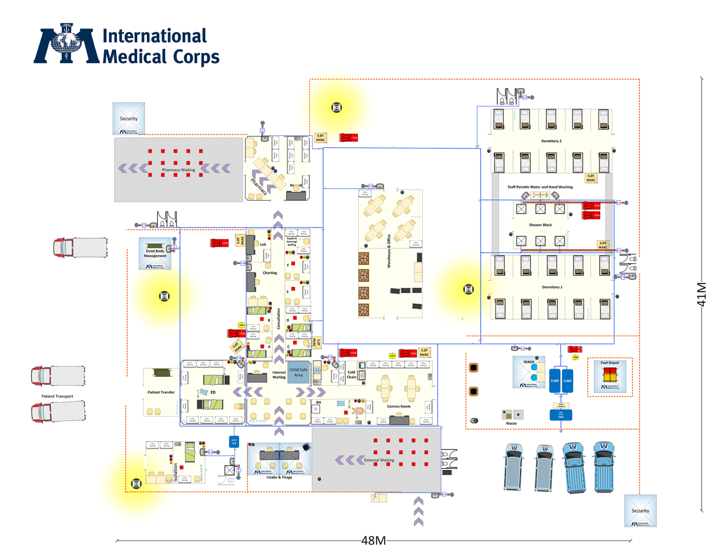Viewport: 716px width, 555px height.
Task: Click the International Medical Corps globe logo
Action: click(x=67, y=43)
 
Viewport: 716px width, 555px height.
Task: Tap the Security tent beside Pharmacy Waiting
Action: click(x=129, y=118)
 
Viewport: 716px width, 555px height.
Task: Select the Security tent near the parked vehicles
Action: click(x=640, y=511)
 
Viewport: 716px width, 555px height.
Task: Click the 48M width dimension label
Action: click(x=373, y=541)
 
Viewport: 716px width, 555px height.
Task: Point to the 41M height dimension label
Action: click(x=702, y=294)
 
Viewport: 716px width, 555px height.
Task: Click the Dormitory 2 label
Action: click(x=551, y=141)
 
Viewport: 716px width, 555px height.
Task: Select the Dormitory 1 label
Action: click(x=552, y=287)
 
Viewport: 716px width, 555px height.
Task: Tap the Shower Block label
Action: click(x=540, y=225)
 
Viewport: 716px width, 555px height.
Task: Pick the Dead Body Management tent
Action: click(x=155, y=253)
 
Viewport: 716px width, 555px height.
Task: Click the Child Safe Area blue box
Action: click(x=298, y=372)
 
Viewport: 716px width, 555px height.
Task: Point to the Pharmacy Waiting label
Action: click(x=178, y=170)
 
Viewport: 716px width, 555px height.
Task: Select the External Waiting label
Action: click(x=379, y=460)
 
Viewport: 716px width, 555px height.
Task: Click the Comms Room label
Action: click(x=399, y=406)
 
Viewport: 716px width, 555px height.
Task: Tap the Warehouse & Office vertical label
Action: click(x=389, y=251)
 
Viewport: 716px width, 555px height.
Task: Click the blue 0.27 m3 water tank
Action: click(x=234, y=441)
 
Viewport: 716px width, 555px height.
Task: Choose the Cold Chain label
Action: click(x=351, y=375)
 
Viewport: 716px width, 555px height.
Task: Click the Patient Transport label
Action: click(x=57, y=396)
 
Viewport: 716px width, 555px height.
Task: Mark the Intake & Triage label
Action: click(x=279, y=477)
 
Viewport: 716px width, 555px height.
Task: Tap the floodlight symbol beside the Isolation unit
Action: click(x=136, y=484)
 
